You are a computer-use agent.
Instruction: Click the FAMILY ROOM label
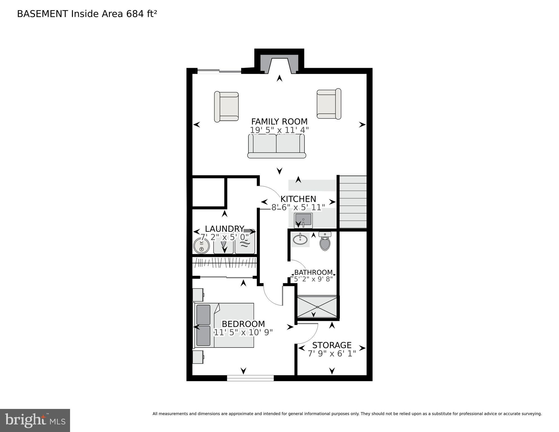point(279,122)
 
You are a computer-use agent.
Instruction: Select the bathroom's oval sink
point(300,239)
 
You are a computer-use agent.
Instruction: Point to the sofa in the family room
point(277,146)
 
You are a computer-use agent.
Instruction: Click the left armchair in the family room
point(226,107)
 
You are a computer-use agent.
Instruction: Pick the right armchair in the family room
point(329,104)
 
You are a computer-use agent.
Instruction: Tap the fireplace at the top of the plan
point(279,63)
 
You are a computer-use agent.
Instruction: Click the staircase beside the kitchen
point(353,202)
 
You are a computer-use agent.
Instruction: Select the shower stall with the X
point(317,306)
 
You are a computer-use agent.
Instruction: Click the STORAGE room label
point(332,345)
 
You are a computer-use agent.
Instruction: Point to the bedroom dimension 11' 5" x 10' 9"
point(243,332)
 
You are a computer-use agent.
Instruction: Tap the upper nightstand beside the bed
point(198,295)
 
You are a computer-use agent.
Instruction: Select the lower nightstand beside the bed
point(198,357)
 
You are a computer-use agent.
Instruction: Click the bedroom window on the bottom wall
point(250,378)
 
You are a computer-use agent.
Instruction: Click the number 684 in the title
point(135,14)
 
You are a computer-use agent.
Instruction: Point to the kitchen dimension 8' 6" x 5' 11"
point(298,207)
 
